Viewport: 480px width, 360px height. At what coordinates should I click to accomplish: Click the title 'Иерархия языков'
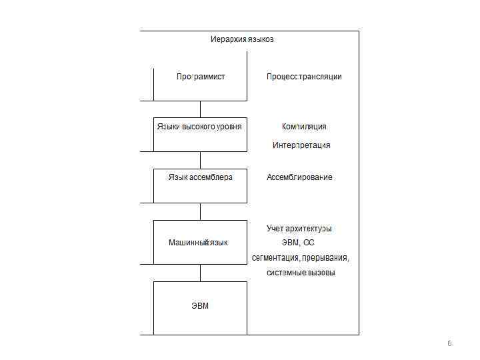(242, 39)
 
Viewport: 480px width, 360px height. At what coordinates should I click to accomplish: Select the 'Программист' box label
(201, 77)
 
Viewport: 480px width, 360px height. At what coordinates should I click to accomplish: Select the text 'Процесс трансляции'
(304, 77)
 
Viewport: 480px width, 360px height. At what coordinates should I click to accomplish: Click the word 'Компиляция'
(304, 127)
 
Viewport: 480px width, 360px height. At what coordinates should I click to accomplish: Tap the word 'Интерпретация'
(301, 145)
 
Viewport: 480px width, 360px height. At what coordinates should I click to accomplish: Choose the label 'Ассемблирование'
(299, 177)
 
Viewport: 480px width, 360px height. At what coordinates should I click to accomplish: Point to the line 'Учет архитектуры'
(299, 229)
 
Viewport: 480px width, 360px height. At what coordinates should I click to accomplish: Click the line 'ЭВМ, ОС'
(299, 243)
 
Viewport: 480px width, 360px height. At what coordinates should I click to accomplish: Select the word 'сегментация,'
(275, 258)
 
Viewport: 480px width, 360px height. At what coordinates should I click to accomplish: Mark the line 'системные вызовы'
(301, 273)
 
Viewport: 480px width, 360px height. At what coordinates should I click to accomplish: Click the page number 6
(449, 343)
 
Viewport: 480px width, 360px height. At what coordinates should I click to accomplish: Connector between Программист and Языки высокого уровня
(201, 109)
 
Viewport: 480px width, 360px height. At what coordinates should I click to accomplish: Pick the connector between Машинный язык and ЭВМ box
(201, 273)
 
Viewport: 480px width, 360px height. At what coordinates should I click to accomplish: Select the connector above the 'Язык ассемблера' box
(201, 160)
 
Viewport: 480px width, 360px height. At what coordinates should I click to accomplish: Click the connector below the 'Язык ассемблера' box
(201, 211)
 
